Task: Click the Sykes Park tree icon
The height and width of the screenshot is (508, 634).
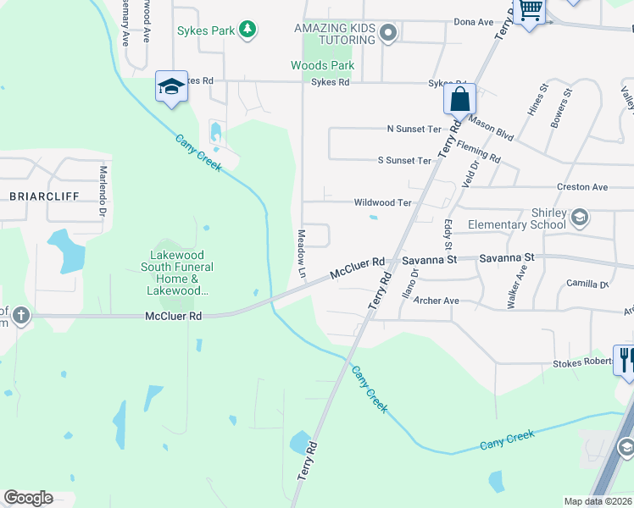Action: [x=247, y=30]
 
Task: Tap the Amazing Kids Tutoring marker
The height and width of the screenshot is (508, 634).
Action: [x=389, y=34]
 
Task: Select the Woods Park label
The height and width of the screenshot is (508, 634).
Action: [x=322, y=65]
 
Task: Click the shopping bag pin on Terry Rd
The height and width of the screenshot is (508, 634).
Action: [x=459, y=99]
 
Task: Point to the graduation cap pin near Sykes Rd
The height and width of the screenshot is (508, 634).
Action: [x=171, y=86]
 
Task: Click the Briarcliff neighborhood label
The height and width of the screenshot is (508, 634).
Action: [x=44, y=196]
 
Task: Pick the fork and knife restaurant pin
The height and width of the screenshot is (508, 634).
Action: [x=626, y=360]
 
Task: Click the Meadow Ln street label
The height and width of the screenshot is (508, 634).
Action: [x=300, y=253]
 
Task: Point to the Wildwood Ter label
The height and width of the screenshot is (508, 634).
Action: [x=382, y=203]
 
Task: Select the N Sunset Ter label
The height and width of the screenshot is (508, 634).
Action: [x=414, y=129]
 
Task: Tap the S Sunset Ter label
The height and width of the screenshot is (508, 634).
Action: [x=404, y=161]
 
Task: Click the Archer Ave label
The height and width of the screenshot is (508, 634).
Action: [x=437, y=301]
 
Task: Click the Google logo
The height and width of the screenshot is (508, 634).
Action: [x=28, y=498]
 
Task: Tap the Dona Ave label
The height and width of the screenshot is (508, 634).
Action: [x=473, y=22]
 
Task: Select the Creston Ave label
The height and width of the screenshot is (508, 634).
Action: [x=582, y=186]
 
